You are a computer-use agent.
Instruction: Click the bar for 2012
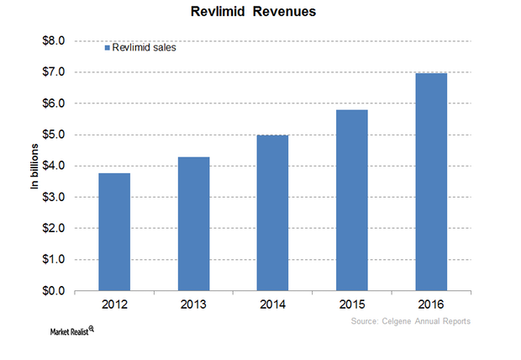114,232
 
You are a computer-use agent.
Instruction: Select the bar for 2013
194,224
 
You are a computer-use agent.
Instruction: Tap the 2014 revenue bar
272,213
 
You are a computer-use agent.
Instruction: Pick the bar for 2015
352,200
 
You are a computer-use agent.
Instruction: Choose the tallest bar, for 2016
431,182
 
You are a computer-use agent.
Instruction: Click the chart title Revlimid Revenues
253,12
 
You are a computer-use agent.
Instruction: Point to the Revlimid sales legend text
145,48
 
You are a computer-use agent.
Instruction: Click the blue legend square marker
108,48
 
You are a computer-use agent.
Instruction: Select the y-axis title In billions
34,167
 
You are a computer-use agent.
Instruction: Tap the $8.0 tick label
54,40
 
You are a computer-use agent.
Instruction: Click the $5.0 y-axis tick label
54,135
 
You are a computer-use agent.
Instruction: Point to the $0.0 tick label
54,291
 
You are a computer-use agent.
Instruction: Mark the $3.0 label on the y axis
54,197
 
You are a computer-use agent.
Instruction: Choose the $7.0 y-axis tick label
54,71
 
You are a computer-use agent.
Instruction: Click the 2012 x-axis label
114,304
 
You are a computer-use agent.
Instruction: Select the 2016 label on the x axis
431,304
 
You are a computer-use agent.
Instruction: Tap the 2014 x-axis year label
272,304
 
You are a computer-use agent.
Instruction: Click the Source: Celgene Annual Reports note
411,321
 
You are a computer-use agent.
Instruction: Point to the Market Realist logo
71,331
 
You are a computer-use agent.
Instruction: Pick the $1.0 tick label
54,259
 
